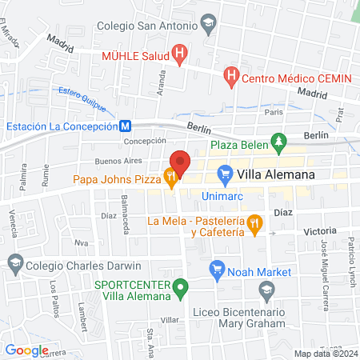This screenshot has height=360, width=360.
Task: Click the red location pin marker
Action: pyautogui.click(x=180, y=163)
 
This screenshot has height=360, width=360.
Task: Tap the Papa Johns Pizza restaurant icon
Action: pyautogui.click(x=170, y=178)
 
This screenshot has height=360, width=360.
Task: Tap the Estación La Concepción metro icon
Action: pyautogui.click(x=126, y=126)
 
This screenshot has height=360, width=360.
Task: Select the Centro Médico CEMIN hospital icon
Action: pyautogui.click(x=231, y=77)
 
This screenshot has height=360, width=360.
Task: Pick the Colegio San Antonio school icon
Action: pyautogui.click(x=209, y=24)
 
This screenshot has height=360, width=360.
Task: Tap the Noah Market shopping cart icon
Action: pyautogui.click(x=216, y=271)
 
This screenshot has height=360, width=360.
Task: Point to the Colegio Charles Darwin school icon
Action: pyautogui.click(x=14, y=262)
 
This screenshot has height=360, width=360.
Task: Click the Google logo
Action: pyautogui.click(x=26, y=350)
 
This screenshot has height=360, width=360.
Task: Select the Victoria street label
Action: pyautogui.click(x=320, y=230)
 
